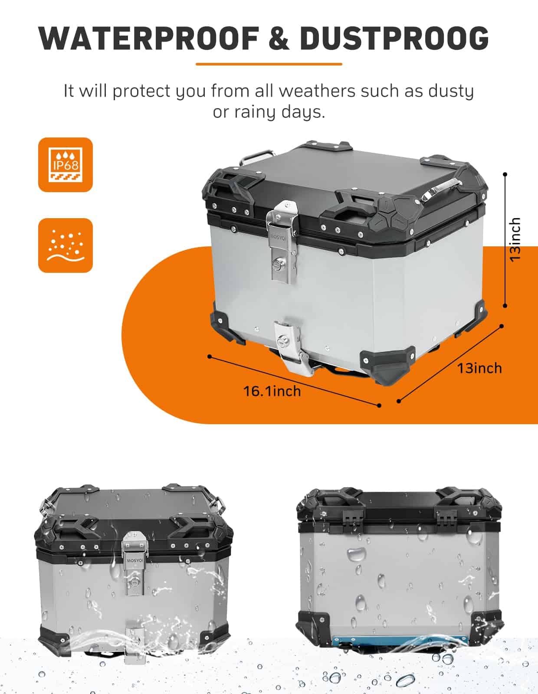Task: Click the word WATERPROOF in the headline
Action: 148,38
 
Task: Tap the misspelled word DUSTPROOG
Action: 394,38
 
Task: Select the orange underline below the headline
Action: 269,64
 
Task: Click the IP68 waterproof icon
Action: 66,165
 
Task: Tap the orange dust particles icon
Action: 66,245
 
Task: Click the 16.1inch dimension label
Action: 272,391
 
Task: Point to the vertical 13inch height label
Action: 515,240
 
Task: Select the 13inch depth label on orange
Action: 479,368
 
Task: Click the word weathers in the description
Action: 317,91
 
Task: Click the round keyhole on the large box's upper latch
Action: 276,264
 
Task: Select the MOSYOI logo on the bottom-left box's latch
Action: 135,560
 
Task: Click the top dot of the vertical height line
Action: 505,174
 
